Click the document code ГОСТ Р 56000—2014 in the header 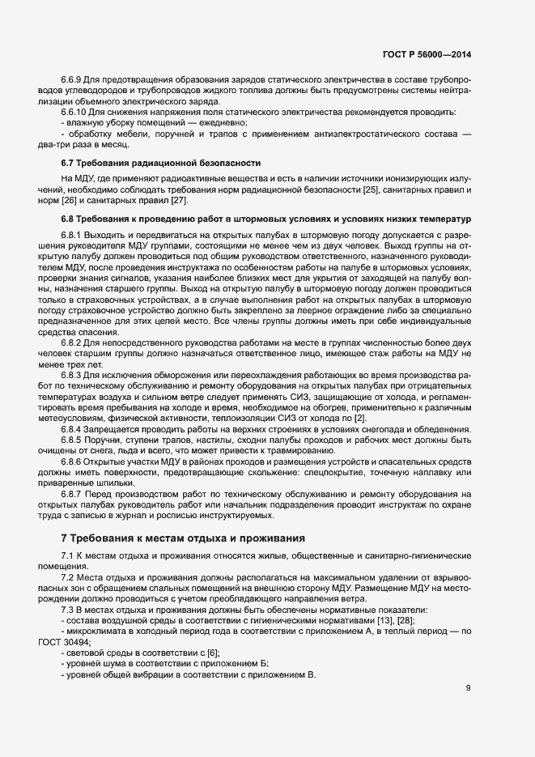pyautogui.click(x=427, y=55)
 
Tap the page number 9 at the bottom pyautogui.click(x=468, y=690)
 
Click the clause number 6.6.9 pyautogui.click(x=71, y=79)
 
